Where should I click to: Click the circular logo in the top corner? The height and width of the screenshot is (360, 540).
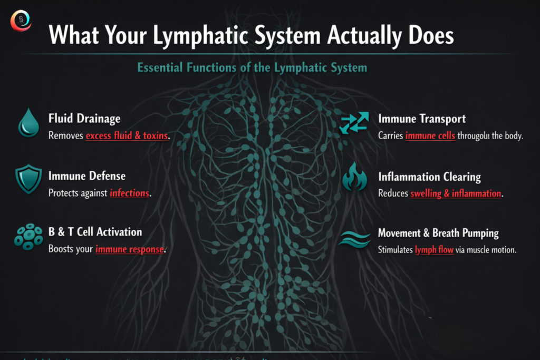coord(21,20)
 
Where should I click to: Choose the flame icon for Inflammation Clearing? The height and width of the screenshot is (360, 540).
coord(354,178)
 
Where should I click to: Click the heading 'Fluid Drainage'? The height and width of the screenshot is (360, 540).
coord(84,119)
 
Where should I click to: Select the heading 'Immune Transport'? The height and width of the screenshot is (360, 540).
coord(422,119)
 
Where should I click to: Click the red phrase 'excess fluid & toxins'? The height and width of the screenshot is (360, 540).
coord(127,136)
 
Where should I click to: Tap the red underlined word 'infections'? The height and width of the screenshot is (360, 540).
coord(129,193)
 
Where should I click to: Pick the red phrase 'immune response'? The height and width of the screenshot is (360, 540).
coord(129,249)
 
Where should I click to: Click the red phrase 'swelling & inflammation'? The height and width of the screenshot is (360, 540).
coord(456,193)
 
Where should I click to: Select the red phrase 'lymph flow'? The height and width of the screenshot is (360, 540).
coord(434,250)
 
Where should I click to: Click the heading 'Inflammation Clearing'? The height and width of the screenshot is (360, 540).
coord(429,177)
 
